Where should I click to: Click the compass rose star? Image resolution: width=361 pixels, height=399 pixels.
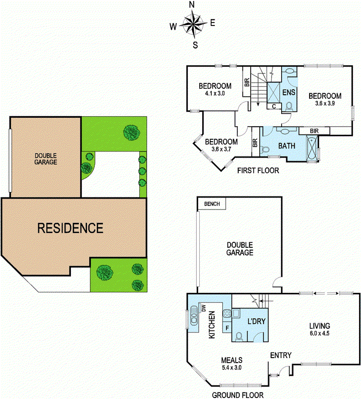(192, 24)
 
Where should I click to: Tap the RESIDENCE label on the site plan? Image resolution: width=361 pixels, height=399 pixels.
(70, 228)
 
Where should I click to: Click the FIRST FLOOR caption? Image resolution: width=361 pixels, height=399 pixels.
(258, 171)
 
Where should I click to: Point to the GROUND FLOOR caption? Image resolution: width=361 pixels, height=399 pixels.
(238, 395)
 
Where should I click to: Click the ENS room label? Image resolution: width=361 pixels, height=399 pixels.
(289, 93)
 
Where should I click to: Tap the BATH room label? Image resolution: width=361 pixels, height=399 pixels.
(287, 146)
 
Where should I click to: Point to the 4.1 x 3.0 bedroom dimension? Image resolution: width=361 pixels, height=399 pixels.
(215, 93)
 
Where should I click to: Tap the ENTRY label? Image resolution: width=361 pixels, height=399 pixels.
(280, 355)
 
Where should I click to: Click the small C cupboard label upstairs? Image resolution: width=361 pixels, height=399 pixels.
(275, 106)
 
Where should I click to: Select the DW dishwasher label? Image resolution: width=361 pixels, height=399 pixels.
(204, 308)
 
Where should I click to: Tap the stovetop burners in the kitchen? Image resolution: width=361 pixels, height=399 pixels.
(226, 315)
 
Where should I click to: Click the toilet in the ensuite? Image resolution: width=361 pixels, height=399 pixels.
(289, 106)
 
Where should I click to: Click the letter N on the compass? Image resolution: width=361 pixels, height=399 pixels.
(192, 4)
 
